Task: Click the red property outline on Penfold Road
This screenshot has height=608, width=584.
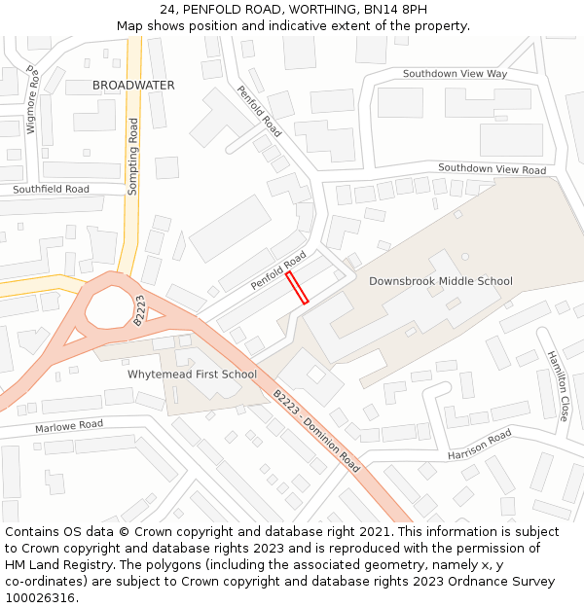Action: pyautogui.click(x=297, y=288)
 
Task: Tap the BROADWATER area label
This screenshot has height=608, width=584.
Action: pyautogui.click(x=133, y=86)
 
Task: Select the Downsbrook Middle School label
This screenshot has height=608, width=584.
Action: pyautogui.click(x=440, y=281)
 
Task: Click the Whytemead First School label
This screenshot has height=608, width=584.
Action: pyautogui.click(x=193, y=375)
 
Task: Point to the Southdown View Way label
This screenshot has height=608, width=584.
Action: pyautogui.click(x=456, y=74)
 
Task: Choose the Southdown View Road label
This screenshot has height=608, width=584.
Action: pyautogui.click(x=492, y=169)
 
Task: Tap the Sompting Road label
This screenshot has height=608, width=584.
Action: pyautogui.click(x=133, y=157)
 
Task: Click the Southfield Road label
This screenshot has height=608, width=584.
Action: pyautogui.click(x=51, y=189)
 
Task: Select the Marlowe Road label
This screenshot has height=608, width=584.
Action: pyautogui.click(x=69, y=426)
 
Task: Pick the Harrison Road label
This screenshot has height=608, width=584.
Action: pyautogui.click(x=479, y=445)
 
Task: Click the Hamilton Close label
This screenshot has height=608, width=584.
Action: pyautogui.click(x=558, y=385)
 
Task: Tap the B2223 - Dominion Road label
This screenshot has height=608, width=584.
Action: pyautogui.click(x=316, y=432)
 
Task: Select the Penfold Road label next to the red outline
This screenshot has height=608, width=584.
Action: pyautogui.click(x=278, y=270)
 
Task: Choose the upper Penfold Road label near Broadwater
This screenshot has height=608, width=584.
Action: pyautogui.click(x=259, y=111)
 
